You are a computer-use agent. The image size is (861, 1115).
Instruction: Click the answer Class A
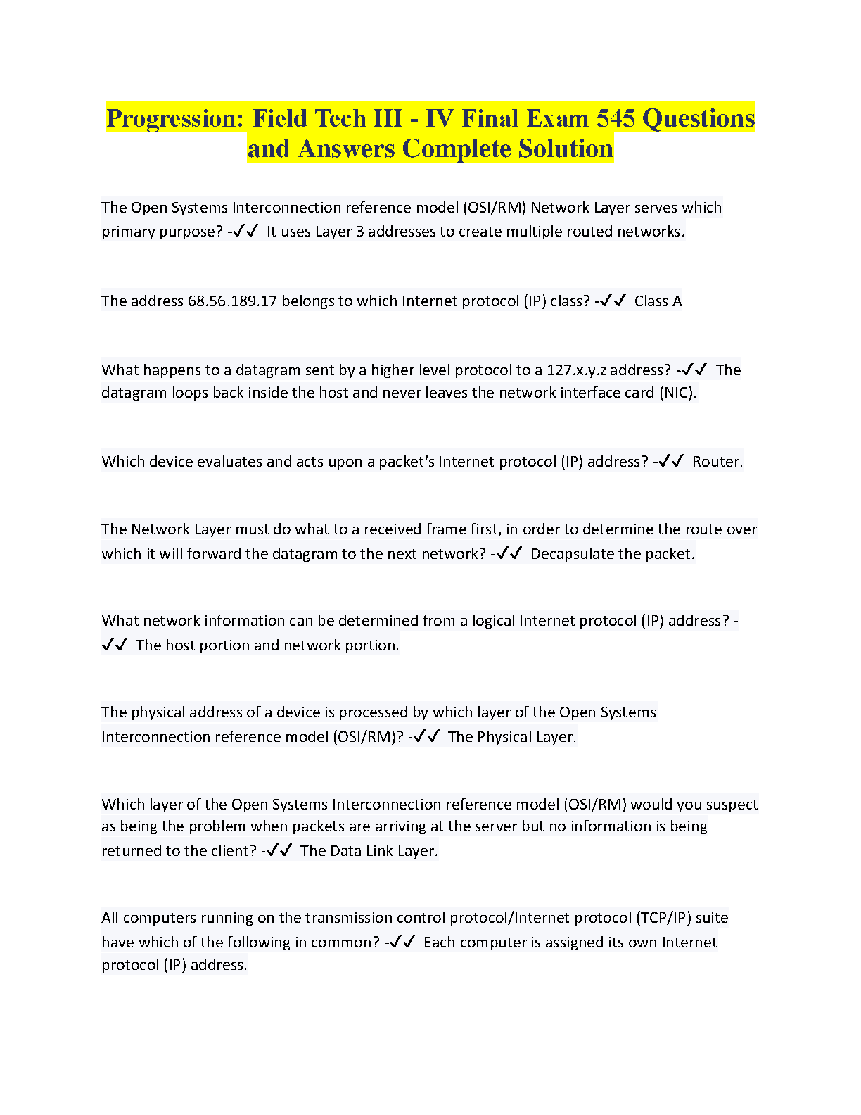click(658, 301)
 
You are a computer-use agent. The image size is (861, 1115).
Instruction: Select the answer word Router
click(717, 462)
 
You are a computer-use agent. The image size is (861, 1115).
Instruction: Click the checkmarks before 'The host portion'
click(114, 645)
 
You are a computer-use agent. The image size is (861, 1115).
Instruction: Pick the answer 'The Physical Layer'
click(511, 737)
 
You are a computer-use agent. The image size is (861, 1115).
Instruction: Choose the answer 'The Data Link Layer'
click(369, 851)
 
